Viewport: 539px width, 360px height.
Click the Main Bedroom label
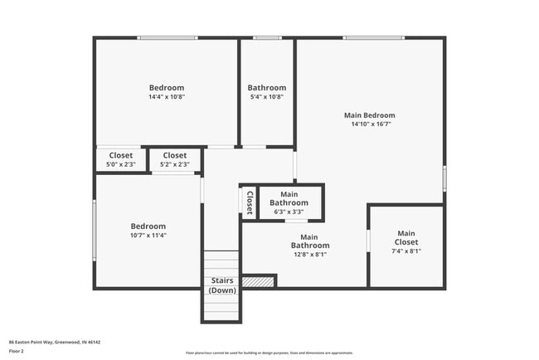click(369, 115)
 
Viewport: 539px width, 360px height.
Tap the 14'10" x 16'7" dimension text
click(369, 124)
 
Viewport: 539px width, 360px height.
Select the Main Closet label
click(405, 239)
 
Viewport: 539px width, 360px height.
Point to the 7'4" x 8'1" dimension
click(405, 251)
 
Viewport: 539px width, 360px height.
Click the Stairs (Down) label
click(221, 285)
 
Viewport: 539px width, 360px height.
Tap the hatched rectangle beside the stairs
click(264, 282)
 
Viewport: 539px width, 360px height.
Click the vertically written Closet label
click(249, 202)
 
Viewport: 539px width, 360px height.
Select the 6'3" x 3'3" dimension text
click(289, 212)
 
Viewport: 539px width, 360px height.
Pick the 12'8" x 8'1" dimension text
click(309, 255)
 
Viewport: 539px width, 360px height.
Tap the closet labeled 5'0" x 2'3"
click(120, 159)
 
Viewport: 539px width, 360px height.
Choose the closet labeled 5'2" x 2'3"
click(174, 159)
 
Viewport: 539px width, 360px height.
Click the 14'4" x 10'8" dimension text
click(166, 97)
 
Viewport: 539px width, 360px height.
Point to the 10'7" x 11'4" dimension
click(148, 235)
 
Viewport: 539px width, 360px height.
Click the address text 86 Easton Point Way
click(55, 342)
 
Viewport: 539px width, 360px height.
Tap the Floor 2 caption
click(17, 351)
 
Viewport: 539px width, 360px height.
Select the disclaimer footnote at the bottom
click(269, 353)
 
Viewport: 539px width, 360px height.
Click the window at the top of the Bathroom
click(266, 37)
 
